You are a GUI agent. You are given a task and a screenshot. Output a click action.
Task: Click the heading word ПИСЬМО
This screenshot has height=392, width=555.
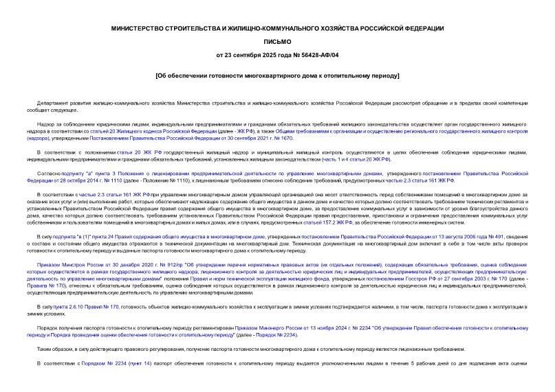click(277, 41)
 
